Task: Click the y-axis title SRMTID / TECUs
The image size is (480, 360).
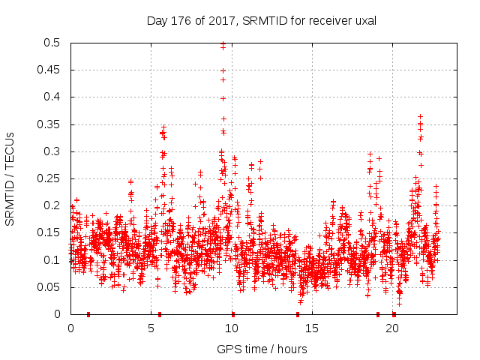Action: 10,178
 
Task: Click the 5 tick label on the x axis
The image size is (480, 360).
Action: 151,328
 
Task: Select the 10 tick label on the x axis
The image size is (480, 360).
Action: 232,328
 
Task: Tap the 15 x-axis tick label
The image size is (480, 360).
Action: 312,328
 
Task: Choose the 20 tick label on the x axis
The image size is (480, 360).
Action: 393,328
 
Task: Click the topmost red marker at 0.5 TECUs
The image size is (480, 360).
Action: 223,44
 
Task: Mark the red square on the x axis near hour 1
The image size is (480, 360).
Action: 88,314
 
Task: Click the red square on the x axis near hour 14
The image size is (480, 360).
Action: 298,314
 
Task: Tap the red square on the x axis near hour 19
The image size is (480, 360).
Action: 378,314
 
